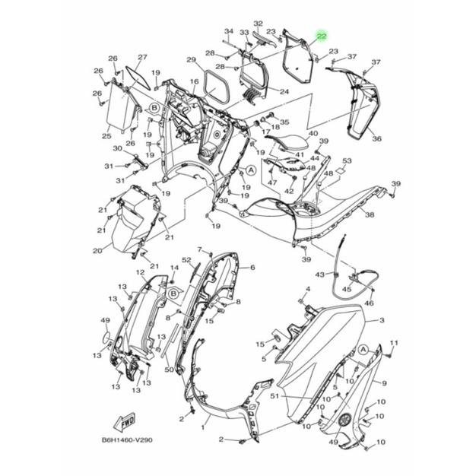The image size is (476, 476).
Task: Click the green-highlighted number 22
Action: coord(322,36)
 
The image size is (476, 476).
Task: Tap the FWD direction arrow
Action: coord(125,422)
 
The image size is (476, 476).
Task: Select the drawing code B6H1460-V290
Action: coord(127,440)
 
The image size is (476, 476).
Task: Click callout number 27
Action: coord(142,57)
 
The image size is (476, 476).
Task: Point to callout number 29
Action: coord(192,60)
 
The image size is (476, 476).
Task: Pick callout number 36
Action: coord(376,138)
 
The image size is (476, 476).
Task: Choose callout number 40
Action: coord(313,133)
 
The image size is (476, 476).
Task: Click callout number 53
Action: coord(347,160)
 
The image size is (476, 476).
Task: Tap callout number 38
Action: coord(370,214)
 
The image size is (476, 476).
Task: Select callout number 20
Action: coord(97,251)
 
